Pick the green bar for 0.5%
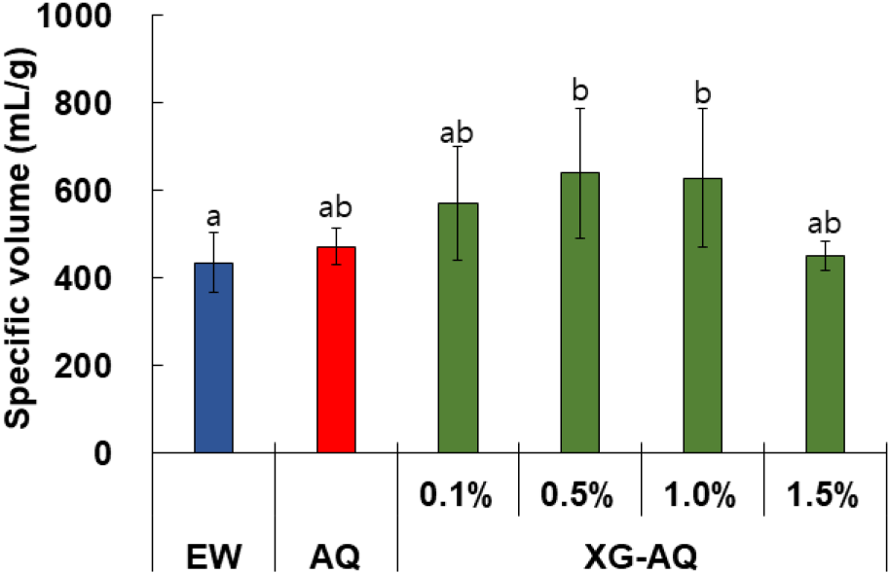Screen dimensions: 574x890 pos(581,312)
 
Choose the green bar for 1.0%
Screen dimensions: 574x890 pos(703,315)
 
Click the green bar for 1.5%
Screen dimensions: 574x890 pos(826,354)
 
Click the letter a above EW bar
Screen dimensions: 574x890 pos(213,216)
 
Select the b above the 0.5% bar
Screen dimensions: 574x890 pos(581,91)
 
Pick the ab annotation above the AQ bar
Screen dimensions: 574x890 pos(336,208)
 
